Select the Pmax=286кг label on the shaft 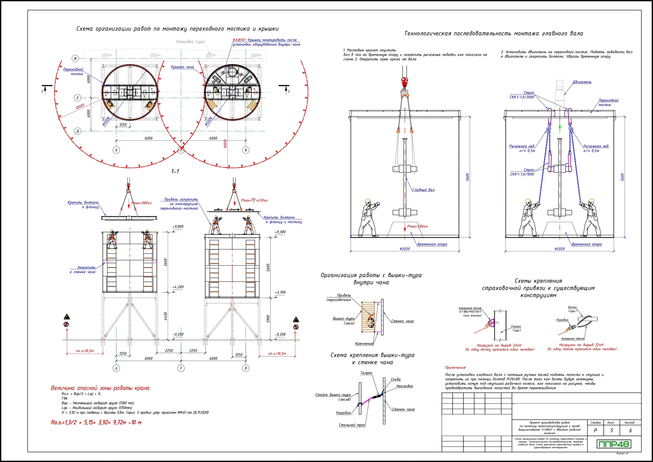(417, 226)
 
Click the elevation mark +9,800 (178, 227)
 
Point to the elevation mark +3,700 (280, 292)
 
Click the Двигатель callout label (582, 82)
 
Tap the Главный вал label (424, 190)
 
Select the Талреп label (366, 373)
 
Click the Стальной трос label (352, 425)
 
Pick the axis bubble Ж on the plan (75, 59)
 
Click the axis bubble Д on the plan (77, 131)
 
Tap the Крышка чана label (182, 67)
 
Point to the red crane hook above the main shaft (405, 82)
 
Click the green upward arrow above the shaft (559, 127)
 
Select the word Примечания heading (456, 368)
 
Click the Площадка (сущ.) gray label (191, 42)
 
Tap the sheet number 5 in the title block (611, 431)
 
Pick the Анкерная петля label (572, 339)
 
